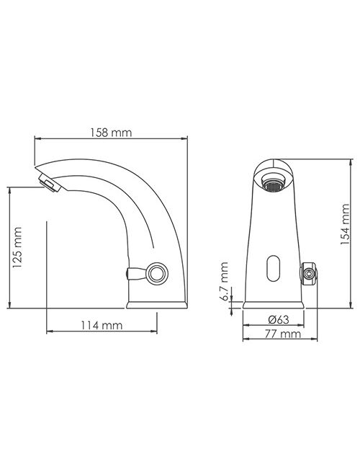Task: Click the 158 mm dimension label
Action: tap(111, 133)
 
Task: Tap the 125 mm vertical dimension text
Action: tap(17, 248)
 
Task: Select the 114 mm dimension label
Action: tap(102, 326)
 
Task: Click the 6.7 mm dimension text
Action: tap(225, 282)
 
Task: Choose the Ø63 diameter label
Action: tap(279, 319)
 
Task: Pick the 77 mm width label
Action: tap(282, 334)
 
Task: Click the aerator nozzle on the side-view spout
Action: tap(50, 183)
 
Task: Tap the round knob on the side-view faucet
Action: tap(157, 274)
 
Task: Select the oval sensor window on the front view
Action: tap(274, 269)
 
